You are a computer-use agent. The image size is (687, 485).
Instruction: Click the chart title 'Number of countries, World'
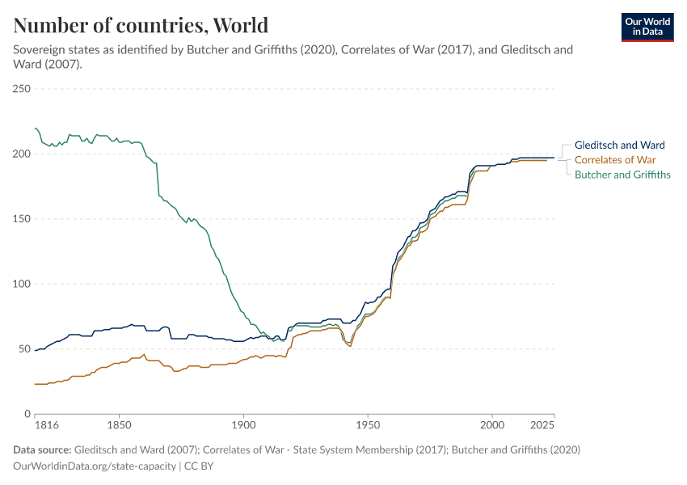point(141,25)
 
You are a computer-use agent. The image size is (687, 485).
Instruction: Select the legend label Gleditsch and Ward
point(619,145)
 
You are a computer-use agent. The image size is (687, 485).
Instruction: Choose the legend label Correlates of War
point(614,160)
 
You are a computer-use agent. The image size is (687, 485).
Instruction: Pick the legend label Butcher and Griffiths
point(622,175)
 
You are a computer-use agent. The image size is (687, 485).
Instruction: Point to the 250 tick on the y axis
point(21,89)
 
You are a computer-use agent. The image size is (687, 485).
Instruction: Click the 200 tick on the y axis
point(21,154)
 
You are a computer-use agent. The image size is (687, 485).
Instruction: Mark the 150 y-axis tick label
point(21,219)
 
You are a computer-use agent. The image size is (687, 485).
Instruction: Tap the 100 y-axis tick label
point(21,284)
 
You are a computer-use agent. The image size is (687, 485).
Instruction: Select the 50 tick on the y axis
point(24,349)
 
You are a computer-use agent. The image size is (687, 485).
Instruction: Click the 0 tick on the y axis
point(27,414)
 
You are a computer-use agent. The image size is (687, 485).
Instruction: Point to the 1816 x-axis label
point(35,424)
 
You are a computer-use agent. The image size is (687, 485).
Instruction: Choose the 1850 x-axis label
point(119,424)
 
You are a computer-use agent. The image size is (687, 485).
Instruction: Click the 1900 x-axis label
point(243,424)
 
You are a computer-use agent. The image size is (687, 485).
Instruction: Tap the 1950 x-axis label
point(368,424)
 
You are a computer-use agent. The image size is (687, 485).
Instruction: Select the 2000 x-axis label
point(492,424)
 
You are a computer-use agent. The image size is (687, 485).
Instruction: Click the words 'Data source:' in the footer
point(42,449)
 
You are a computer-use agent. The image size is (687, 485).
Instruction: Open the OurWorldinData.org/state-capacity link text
point(94,466)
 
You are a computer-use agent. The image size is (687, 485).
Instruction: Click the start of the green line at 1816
point(36,128)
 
